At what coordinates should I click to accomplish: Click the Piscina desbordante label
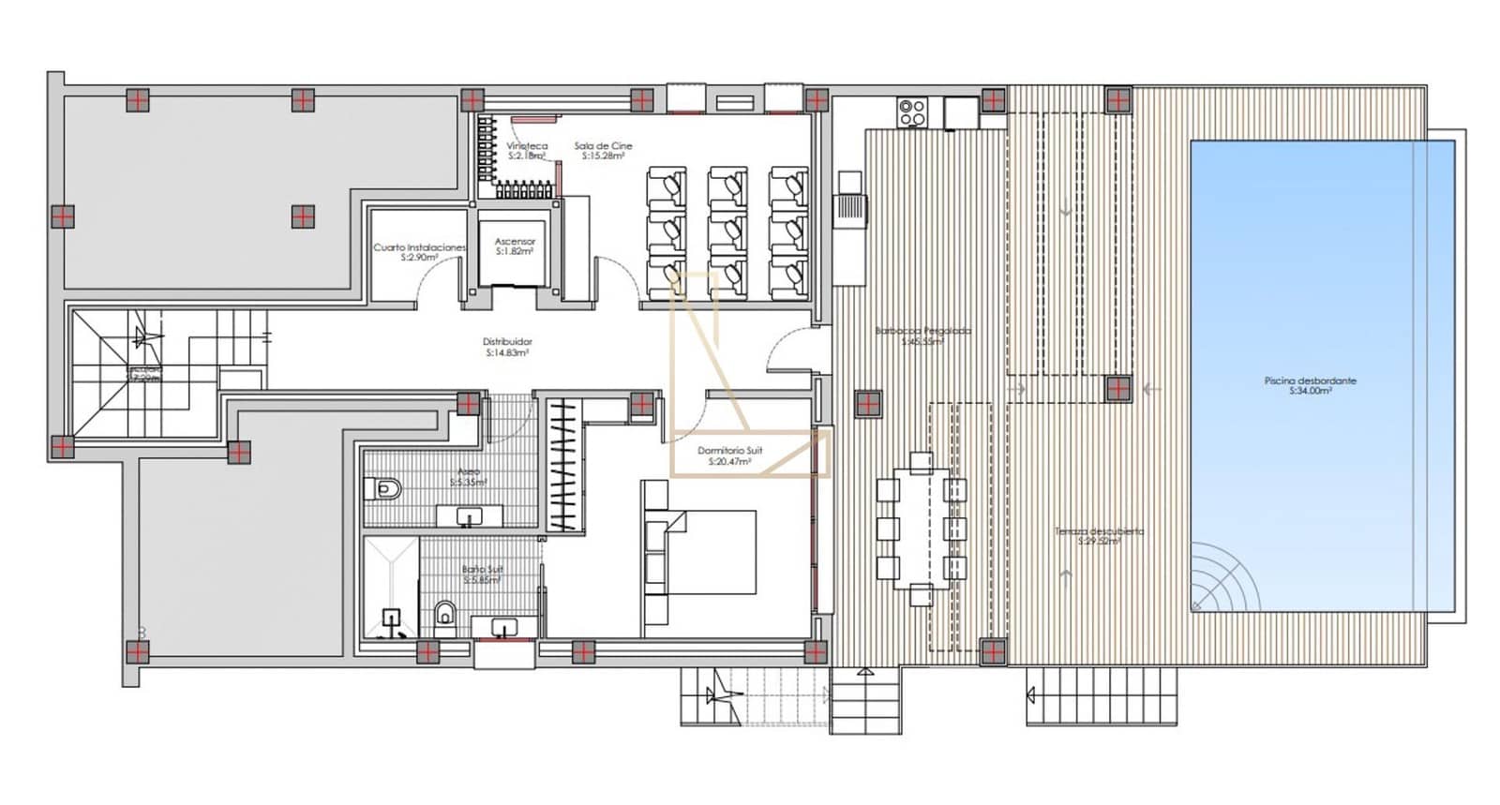1310,385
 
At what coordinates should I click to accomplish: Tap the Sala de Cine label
603,150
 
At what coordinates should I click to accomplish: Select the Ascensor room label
515,246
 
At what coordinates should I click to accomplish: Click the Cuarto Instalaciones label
419,251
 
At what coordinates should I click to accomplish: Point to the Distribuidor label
507,347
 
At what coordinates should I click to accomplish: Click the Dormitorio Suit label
729,455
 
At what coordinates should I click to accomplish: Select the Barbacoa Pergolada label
922,335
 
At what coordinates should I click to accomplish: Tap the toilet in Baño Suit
445,615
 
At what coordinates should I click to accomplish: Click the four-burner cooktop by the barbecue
912,113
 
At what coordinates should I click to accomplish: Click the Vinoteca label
527,150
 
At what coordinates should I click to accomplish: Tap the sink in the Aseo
469,515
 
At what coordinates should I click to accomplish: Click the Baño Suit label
482,574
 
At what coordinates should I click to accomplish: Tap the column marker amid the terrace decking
868,404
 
